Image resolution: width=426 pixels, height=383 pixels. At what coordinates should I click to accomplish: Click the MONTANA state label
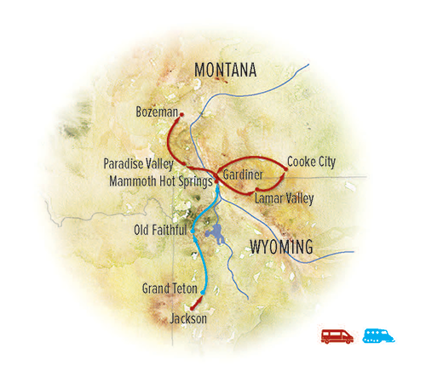pos(225,71)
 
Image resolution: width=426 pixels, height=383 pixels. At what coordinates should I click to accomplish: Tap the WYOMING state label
pos(281,247)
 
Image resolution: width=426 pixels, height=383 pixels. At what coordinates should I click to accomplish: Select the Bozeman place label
pos(156,111)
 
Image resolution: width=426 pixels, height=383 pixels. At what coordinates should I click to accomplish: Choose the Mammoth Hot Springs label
pos(159,180)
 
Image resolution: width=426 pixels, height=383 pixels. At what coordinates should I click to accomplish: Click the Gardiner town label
pos(242,174)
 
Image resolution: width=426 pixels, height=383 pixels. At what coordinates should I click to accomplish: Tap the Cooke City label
pos(312,160)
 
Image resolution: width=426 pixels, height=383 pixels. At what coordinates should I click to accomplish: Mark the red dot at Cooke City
pos(286,169)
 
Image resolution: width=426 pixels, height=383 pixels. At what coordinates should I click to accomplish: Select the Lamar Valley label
pos(284,198)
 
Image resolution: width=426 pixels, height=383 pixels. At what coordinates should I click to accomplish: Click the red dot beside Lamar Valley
pos(250,196)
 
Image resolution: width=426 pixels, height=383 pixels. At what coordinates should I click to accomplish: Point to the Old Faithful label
pos(160,229)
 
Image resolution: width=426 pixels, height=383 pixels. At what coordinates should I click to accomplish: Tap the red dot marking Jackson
pos(193,306)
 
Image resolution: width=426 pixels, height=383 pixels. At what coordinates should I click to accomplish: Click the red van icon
pos(337,334)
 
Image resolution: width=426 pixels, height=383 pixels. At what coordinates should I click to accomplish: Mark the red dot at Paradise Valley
pos(184,163)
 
